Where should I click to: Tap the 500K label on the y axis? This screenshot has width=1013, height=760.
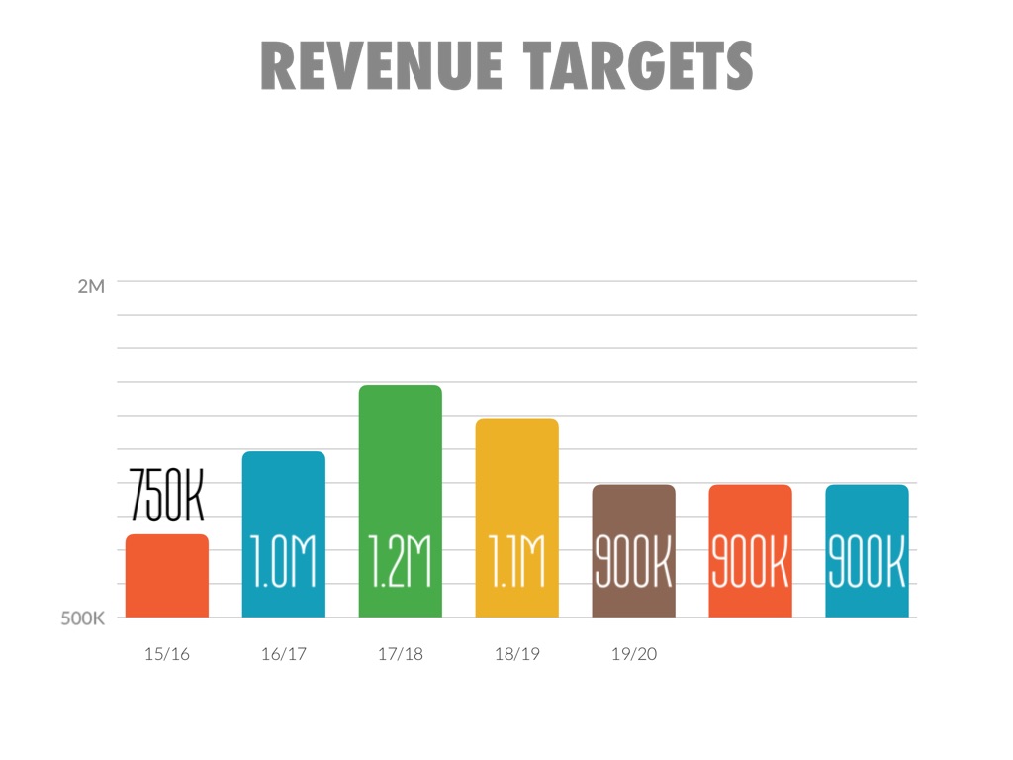83,620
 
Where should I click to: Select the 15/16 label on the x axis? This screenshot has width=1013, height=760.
166,655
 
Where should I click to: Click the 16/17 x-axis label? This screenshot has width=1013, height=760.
283,655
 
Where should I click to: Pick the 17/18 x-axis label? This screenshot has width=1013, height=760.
400,655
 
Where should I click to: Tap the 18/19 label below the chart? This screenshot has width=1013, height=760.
516,655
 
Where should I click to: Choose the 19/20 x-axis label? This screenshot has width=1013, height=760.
633,655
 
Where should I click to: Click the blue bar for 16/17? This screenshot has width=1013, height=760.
283,495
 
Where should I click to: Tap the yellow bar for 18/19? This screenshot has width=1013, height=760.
516,475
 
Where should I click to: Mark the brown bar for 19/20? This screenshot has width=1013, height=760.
633,515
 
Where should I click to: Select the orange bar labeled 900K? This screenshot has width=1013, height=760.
750,515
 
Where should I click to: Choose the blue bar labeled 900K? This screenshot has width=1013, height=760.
867,515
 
